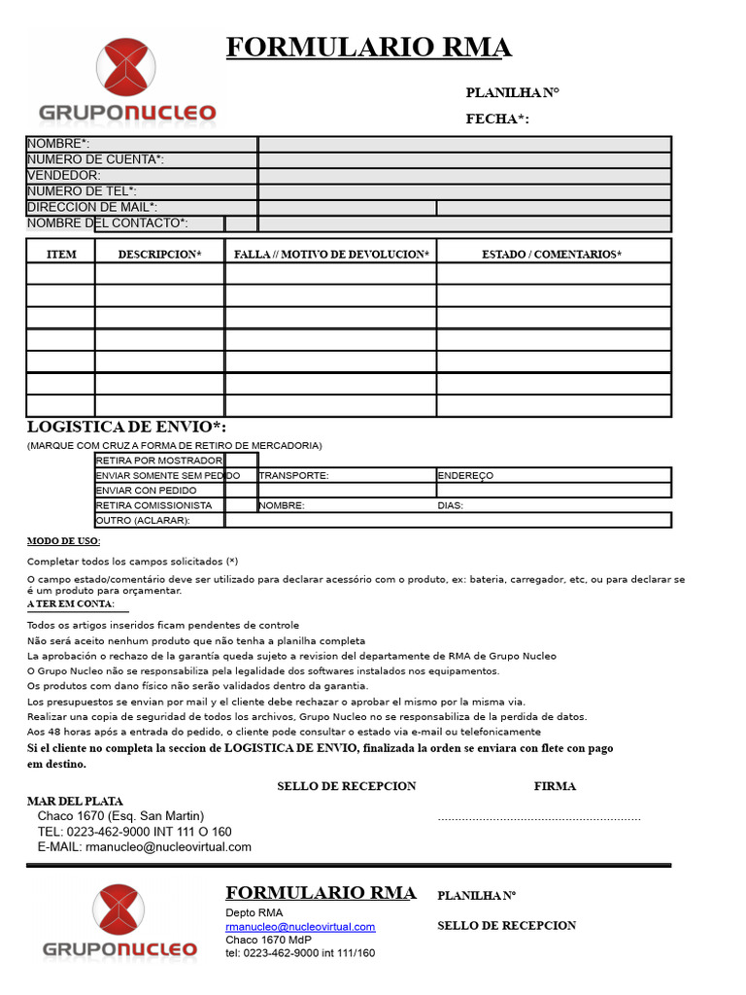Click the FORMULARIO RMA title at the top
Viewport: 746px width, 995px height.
point(368,48)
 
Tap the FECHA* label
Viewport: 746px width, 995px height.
point(497,120)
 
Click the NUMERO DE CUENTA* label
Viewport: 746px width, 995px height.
point(95,159)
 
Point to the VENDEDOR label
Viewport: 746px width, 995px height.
point(64,175)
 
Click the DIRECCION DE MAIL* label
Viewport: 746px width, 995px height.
point(92,207)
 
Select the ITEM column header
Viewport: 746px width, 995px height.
point(61,255)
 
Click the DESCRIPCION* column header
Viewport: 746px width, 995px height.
point(159,255)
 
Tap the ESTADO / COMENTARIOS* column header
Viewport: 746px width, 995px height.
point(552,255)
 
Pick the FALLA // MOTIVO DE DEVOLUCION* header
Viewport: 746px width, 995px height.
point(331,255)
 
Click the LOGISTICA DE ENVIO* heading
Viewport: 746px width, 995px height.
point(126,428)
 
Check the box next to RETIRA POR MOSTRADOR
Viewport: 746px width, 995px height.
point(241,460)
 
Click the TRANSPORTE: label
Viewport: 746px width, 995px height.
point(293,476)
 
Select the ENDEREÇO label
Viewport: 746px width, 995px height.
point(465,476)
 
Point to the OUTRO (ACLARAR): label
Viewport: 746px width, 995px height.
point(142,521)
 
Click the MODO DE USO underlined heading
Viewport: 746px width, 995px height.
point(63,541)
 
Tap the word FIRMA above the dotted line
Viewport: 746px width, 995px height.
point(555,786)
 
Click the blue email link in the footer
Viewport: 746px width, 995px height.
point(300,927)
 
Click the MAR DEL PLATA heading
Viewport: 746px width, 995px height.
point(75,802)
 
